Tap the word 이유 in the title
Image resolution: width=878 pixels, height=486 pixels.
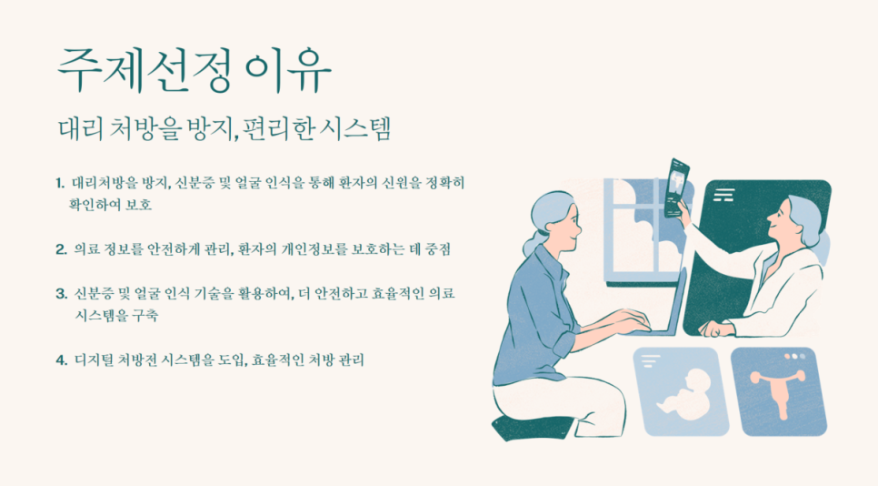pyautogui.click(x=288, y=71)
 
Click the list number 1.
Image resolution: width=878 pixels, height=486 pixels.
pyautogui.click(x=60, y=183)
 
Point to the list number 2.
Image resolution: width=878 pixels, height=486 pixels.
pyautogui.click(x=61, y=248)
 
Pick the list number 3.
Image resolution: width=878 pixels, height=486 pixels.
pyautogui.click(x=61, y=293)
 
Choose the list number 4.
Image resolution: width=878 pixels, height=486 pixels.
pyautogui.click(x=61, y=359)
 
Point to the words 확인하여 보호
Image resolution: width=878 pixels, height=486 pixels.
pyautogui.click(x=110, y=205)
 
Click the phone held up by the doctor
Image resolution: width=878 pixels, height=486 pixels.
pyautogui.click(x=676, y=187)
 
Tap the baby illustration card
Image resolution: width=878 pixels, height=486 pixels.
pyautogui.click(x=681, y=391)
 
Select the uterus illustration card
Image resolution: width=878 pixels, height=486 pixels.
pyautogui.click(x=779, y=391)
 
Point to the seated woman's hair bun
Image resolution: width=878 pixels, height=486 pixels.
pyautogui.click(x=532, y=244)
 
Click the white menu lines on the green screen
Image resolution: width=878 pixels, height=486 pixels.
pyautogui.click(x=723, y=195)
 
